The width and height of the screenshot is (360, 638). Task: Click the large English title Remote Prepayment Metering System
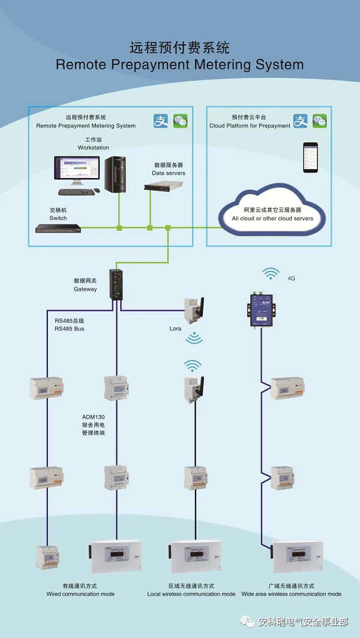tap(179, 64)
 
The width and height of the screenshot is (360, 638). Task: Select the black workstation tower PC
tap(116, 174)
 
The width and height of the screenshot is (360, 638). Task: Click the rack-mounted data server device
tap(164, 186)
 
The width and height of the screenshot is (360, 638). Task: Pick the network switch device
tap(58, 228)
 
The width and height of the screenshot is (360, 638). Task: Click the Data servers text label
tap(169, 173)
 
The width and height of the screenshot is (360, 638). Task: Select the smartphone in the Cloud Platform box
tap(310, 158)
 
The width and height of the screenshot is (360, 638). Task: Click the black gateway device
tap(116, 283)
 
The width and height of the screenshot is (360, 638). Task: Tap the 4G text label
tap(292, 278)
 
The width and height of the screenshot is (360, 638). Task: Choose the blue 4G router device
tap(262, 308)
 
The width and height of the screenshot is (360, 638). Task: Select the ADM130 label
tap(94, 416)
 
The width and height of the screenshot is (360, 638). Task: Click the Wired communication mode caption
tap(80, 594)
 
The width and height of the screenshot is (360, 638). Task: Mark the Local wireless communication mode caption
tap(191, 594)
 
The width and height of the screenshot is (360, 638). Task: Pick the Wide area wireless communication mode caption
tap(292, 594)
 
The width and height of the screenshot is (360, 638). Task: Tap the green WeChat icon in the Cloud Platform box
tap(319, 121)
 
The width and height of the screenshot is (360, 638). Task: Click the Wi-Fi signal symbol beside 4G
tap(271, 275)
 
